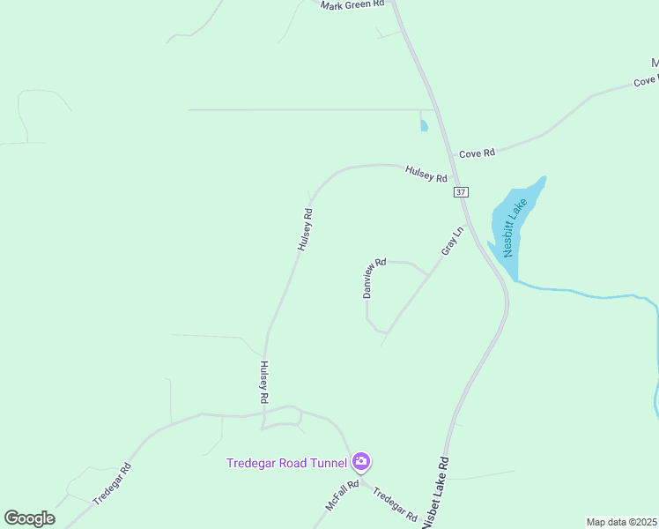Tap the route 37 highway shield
(x=462, y=192)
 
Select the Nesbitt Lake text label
(x=515, y=227)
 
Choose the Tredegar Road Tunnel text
(x=287, y=463)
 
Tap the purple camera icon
(x=361, y=462)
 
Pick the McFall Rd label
(x=342, y=495)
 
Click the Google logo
(x=29, y=518)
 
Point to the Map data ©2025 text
(x=622, y=522)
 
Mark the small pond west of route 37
(x=424, y=125)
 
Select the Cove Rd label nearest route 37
(x=478, y=153)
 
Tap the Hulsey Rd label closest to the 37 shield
(x=426, y=174)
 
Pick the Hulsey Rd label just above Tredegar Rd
(x=263, y=382)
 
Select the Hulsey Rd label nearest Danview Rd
(x=305, y=229)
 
